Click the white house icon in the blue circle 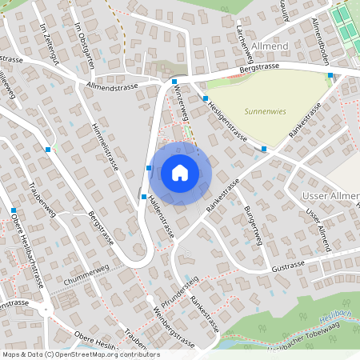click(179, 173)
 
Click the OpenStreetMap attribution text click(80, 354)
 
